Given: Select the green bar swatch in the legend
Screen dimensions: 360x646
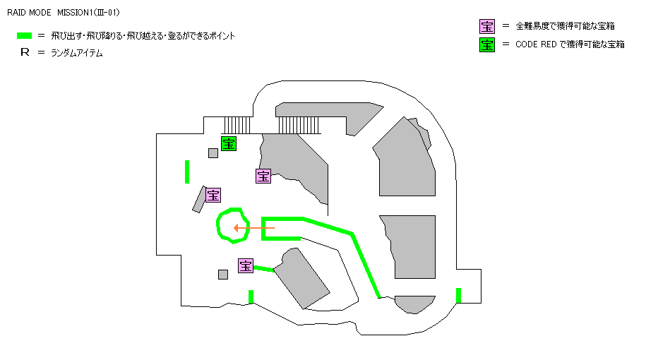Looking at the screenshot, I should point(25,35).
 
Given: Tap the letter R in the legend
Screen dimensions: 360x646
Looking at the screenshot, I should point(25,53).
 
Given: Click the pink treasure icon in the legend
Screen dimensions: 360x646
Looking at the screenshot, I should point(487,27).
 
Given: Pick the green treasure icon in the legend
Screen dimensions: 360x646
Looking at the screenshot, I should point(487,44).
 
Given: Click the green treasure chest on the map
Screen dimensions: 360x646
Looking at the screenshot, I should point(229,143).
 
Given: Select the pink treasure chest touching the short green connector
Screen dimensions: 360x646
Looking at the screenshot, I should point(246,265).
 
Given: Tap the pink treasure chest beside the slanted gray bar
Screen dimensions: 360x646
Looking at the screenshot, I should point(213,194).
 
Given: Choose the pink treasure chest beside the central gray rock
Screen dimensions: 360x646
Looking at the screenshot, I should point(263,176).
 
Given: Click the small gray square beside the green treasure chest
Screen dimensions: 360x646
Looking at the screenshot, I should point(213,153).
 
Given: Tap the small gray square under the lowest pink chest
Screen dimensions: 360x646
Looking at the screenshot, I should point(223,275).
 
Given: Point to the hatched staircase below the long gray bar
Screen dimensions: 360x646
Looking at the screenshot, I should point(299,125).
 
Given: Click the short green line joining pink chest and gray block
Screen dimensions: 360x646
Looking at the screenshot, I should point(263,268).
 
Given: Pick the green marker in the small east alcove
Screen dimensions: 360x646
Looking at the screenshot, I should point(459,295).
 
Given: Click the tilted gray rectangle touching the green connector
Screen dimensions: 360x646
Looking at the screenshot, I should point(301,278).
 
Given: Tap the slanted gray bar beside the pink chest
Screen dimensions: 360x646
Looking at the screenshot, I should point(198,199).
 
